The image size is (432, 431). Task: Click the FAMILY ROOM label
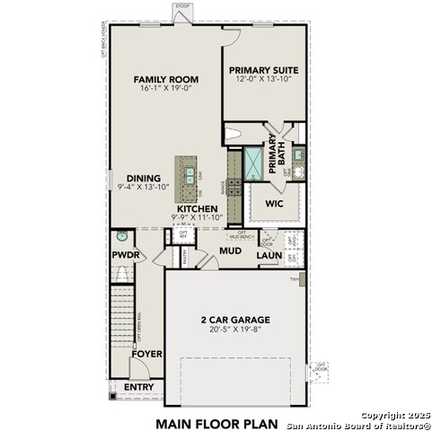(166, 79)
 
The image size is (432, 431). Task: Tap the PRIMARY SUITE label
(263, 70)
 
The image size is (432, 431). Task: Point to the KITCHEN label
(197, 208)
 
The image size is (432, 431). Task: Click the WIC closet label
(275, 204)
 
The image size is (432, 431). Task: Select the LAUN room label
(269, 256)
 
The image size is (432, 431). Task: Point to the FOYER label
(146, 354)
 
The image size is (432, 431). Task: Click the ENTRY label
(139, 387)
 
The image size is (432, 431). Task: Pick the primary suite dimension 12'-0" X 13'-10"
(263, 80)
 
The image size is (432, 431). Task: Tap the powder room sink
(122, 237)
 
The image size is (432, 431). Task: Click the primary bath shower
(254, 163)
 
